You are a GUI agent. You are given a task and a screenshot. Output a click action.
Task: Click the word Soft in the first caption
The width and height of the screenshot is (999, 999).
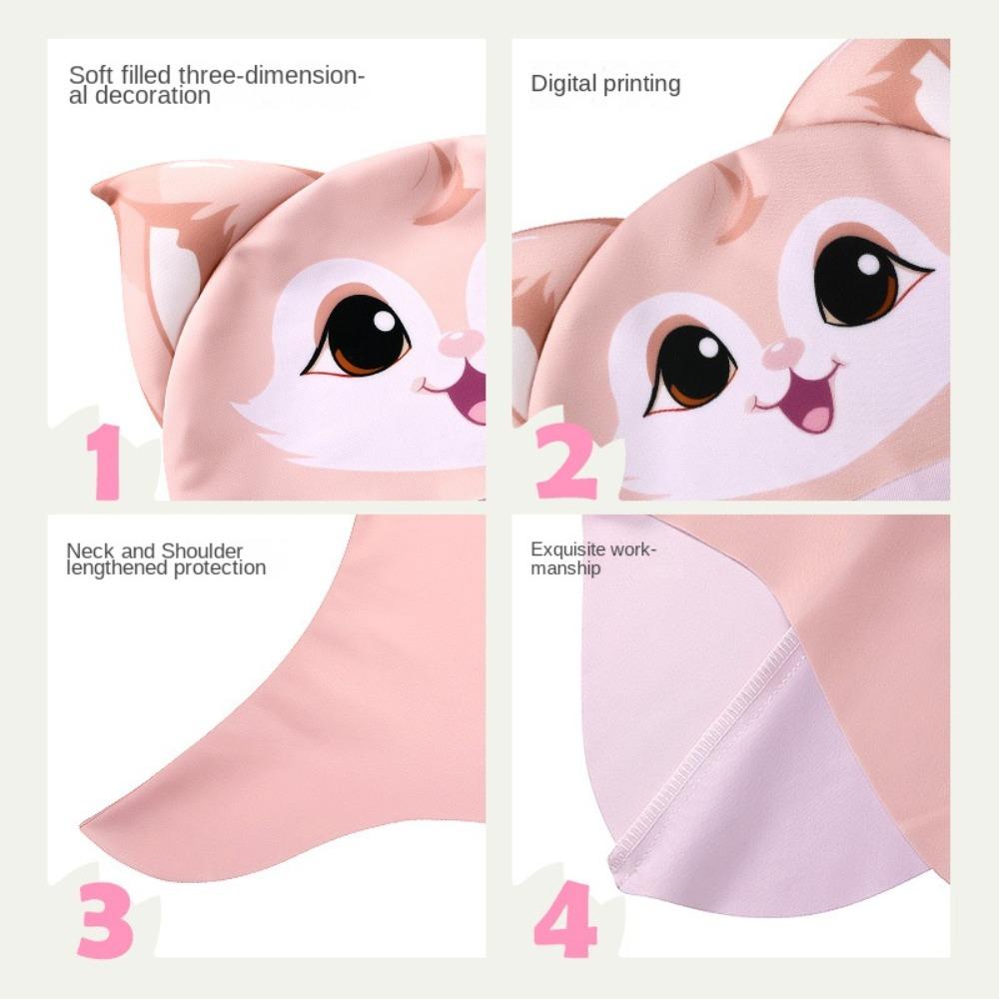point(89,75)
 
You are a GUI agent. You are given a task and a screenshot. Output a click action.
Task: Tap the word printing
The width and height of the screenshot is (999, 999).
point(642,84)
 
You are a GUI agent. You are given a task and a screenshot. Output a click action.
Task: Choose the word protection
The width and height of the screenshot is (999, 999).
point(224,567)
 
